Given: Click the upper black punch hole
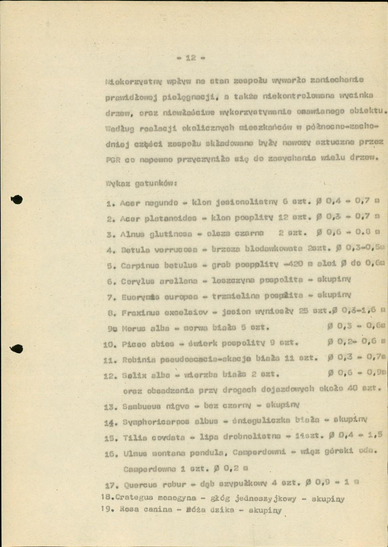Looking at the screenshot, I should tap(17, 199).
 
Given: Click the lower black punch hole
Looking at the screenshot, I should tap(17, 349).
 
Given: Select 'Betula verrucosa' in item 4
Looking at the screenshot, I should tap(153, 250).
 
